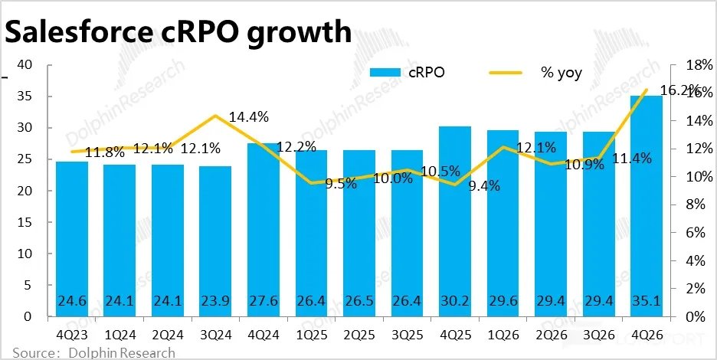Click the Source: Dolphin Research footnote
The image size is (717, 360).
88,353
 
